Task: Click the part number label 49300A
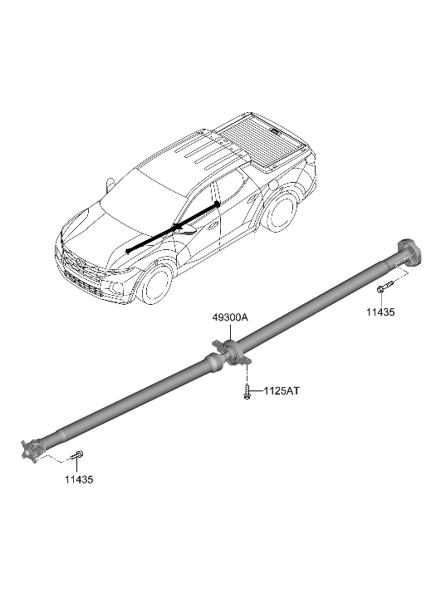click(230, 318)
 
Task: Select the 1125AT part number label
click(282, 391)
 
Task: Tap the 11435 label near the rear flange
click(380, 312)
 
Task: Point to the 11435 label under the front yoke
click(79, 480)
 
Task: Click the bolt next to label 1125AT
click(247, 392)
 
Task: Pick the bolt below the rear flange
click(385, 287)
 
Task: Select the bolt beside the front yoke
click(77, 455)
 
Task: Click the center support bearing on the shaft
click(232, 351)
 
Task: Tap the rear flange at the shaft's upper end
click(409, 253)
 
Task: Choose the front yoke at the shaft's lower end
click(32, 449)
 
